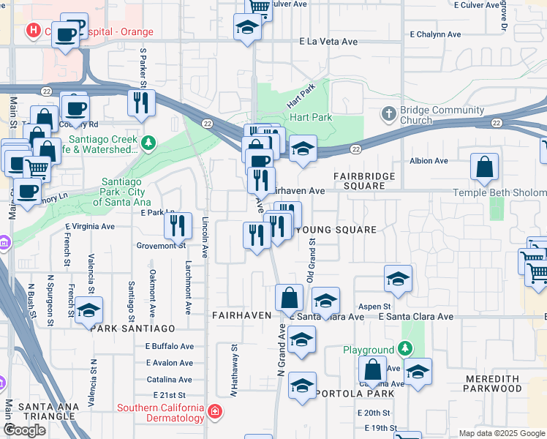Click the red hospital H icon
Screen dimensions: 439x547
[33, 31]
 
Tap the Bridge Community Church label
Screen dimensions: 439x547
[437, 115]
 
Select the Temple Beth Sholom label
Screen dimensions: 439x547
[499, 192]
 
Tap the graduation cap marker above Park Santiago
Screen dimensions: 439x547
[88, 310]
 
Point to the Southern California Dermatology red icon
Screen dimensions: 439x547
[214, 412]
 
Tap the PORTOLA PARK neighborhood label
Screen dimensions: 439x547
[355, 394]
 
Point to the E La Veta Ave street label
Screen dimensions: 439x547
[328, 42]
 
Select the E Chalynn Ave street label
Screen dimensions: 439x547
[436, 34]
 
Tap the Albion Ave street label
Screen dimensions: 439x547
[429, 161]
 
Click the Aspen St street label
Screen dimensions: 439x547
[374, 307]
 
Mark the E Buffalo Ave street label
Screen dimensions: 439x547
[169, 346]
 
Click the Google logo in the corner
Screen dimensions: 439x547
[24, 430]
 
